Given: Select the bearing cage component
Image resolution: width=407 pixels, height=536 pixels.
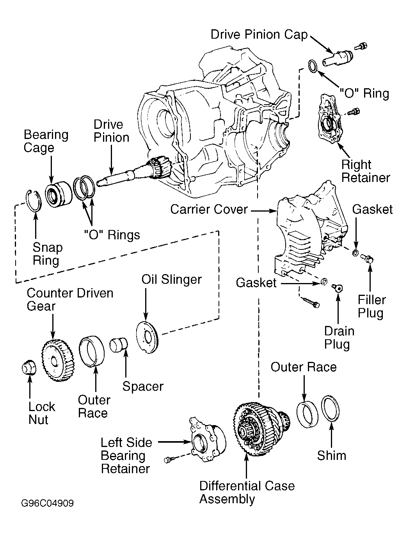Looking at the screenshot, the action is (59, 194).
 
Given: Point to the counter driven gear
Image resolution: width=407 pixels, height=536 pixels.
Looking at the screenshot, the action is (58, 360).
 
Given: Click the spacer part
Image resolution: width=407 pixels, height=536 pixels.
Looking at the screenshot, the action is (119, 345).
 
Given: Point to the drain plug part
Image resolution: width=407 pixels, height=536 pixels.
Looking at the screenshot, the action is (338, 288).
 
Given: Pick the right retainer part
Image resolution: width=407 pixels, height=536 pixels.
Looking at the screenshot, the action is (329, 119).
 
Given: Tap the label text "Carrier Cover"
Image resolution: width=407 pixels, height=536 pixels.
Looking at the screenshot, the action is (209, 210).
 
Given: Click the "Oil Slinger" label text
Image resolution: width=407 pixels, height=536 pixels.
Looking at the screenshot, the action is (172, 279).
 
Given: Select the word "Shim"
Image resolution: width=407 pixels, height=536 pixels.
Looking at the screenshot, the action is (332, 456).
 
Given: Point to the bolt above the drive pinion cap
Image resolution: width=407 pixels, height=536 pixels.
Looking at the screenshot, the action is (361, 46).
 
